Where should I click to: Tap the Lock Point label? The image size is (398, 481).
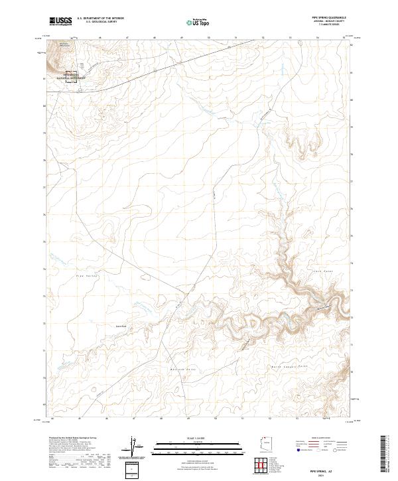point(322,271)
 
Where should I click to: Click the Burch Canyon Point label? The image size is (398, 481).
point(290,366)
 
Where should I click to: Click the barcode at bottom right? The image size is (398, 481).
point(389,451)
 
